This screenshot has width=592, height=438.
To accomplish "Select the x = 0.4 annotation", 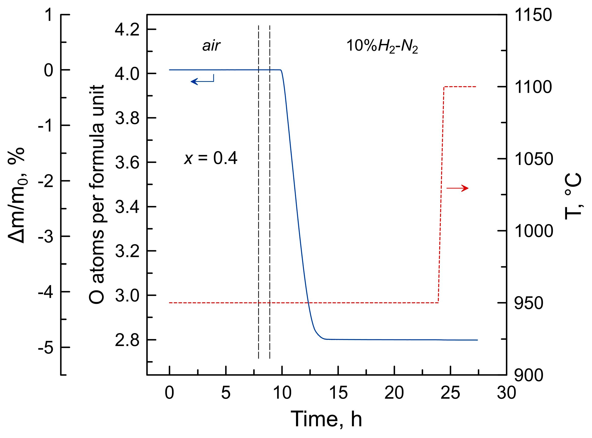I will click(x=211, y=159).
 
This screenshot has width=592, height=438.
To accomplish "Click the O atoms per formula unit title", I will click(x=96, y=195).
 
